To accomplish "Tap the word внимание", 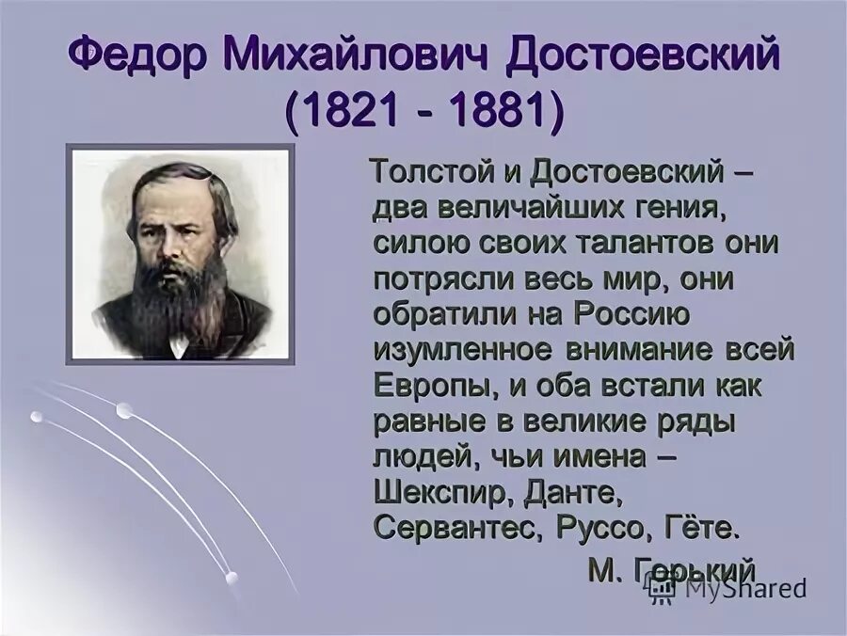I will tap(640, 350).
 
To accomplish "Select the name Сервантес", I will tap(455, 528).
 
